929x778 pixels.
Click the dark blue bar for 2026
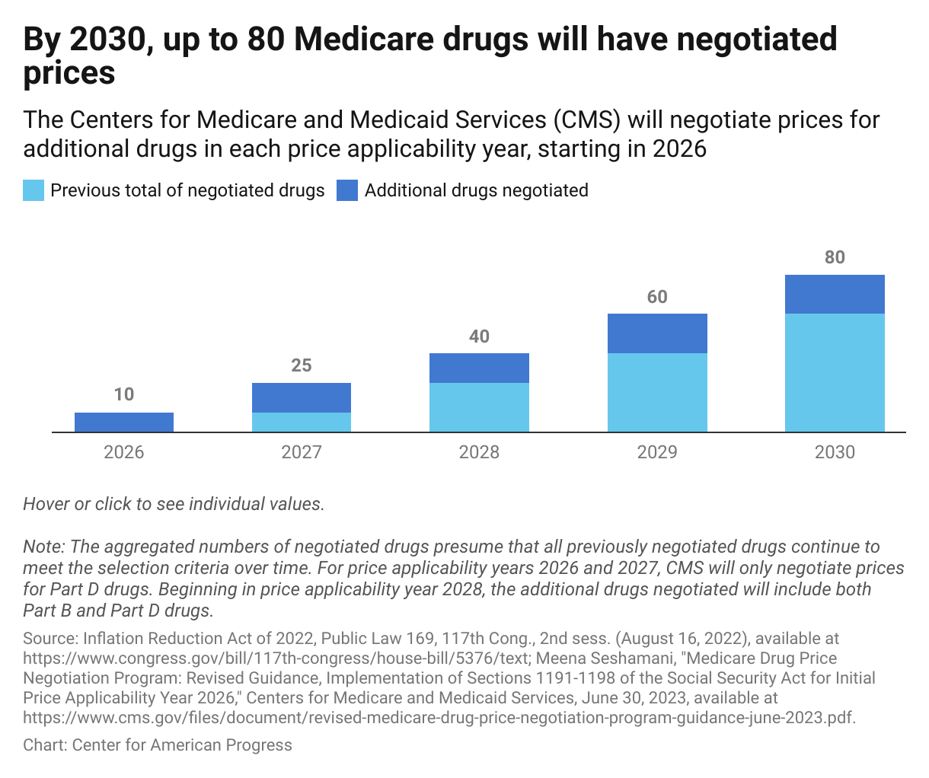[x=124, y=422]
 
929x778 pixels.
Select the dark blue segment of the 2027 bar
[x=302, y=397]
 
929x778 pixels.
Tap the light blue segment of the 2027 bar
[x=302, y=422]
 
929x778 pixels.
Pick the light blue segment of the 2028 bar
[x=479, y=407]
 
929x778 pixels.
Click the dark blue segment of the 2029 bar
[x=657, y=333]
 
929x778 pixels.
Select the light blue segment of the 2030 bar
[x=835, y=373]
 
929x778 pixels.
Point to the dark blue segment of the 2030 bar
[x=835, y=294]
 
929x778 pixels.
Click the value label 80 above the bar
[x=835, y=257]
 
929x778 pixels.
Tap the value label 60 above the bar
[x=657, y=297]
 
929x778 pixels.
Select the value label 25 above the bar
[x=302, y=365]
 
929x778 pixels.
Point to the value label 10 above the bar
[x=124, y=394]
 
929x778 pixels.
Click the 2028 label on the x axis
[x=479, y=452]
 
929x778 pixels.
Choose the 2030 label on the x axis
[x=835, y=452]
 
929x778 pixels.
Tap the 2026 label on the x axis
[x=124, y=452]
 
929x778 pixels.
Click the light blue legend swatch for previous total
[x=34, y=190]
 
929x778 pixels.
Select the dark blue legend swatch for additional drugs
[x=347, y=190]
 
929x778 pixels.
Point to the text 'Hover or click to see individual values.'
[x=174, y=504]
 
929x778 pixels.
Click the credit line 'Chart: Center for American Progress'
[x=158, y=745]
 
